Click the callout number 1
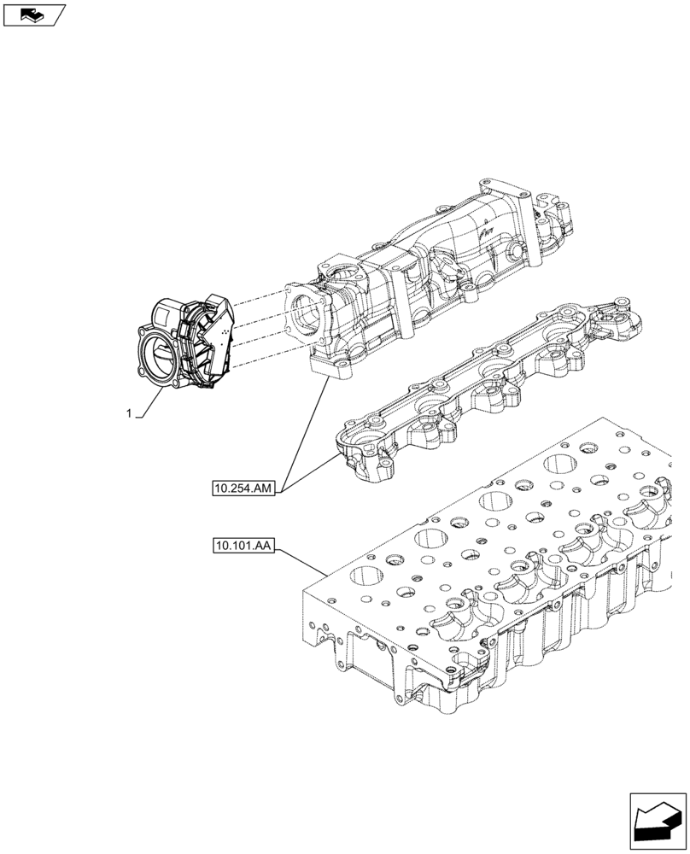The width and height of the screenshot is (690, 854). tap(129, 413)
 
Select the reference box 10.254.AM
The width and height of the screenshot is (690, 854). tap(243, 488)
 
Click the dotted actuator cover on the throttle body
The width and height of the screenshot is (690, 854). tap(214, 342)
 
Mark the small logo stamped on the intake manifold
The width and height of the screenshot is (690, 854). tap(483, 230)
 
